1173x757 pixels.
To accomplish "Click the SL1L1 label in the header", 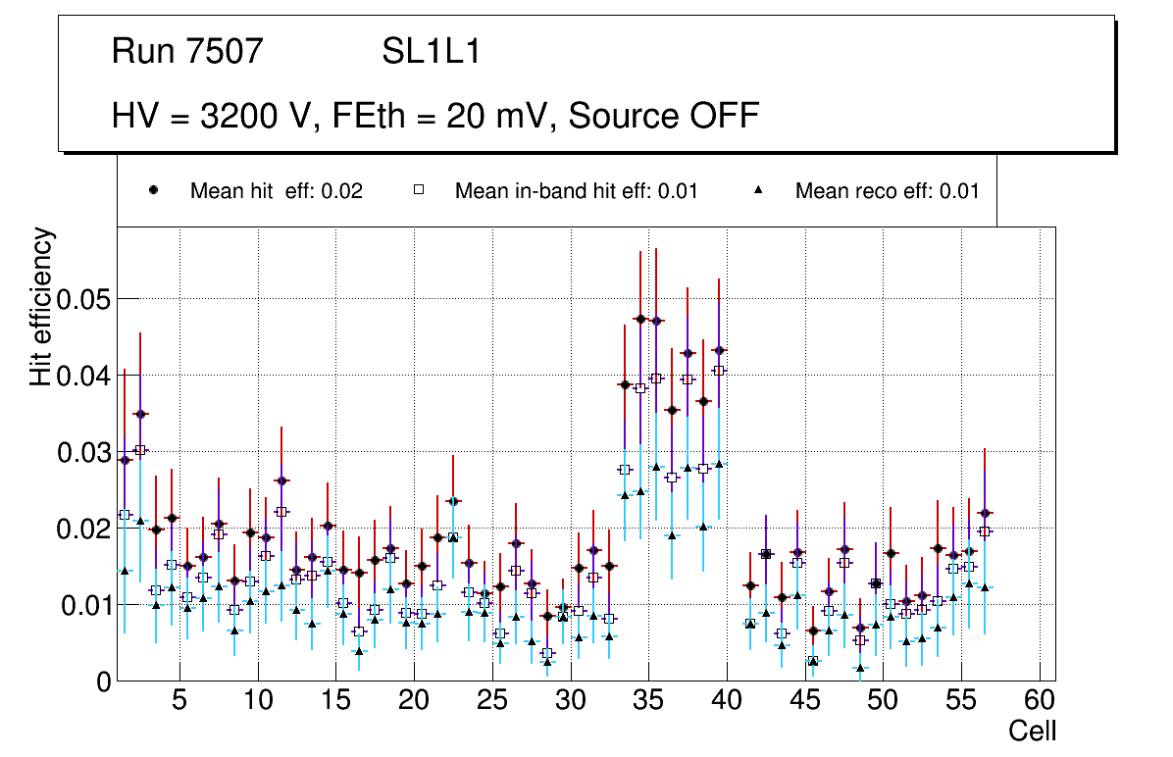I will (x=431, y=51).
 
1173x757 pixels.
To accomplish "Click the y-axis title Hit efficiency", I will (x=41, y=307).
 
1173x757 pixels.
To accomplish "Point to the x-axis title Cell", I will (x=1033, y=731).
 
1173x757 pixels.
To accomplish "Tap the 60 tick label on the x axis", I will (x=1040, y=702).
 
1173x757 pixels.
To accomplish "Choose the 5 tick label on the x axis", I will (x=179, y=702).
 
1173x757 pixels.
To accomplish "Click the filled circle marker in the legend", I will (x=153, y=190).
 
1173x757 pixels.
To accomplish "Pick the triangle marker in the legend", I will (x=759, y=190).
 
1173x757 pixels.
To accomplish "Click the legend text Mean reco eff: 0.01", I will (x=887, y=191).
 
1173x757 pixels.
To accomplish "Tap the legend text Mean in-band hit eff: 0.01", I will (x=576, y=191).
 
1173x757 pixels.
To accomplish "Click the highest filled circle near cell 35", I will (x=640, y=319).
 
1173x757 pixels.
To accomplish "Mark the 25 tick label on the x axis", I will (x=492, y=702).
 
